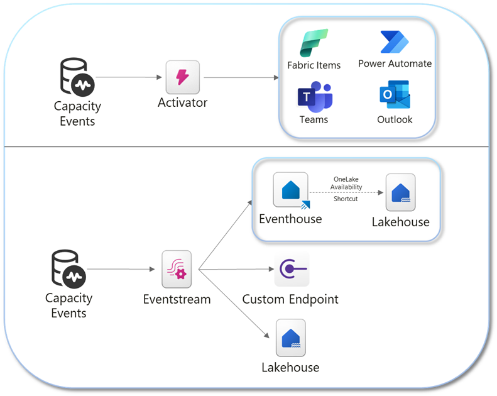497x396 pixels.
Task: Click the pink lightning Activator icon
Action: pyautogui.click(x=182, y=77)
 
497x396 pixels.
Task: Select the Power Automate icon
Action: pyautogui.click(x=395, y=42)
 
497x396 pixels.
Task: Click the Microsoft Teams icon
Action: pyautogui.click(x=314, y=97)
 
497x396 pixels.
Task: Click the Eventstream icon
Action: pyautogui.click(x=177, y=269)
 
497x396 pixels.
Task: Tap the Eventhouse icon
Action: pyautogui.click(x=290, y=190)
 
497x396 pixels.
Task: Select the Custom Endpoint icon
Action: pyautogui.click(x=291, y=269)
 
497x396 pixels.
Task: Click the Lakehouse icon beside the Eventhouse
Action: pyautogui.click(x=400, y=192)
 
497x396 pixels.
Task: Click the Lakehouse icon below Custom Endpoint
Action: pyautogui.click(x=290, y=338)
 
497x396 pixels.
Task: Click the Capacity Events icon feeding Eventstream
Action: pyautogui.click(x=68, y=269)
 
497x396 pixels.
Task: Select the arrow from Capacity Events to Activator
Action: pyautogui.click(x=128, y=77)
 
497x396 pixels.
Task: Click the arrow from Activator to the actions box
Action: pyautogui.click(x=241, y=78)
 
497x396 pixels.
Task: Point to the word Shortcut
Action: pyautogui.click(x=346, y=199)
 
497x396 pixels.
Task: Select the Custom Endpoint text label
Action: pyautogui.click(x=290, y=299)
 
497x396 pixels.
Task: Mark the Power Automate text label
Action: pyautogui.click(x=395, y=63)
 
